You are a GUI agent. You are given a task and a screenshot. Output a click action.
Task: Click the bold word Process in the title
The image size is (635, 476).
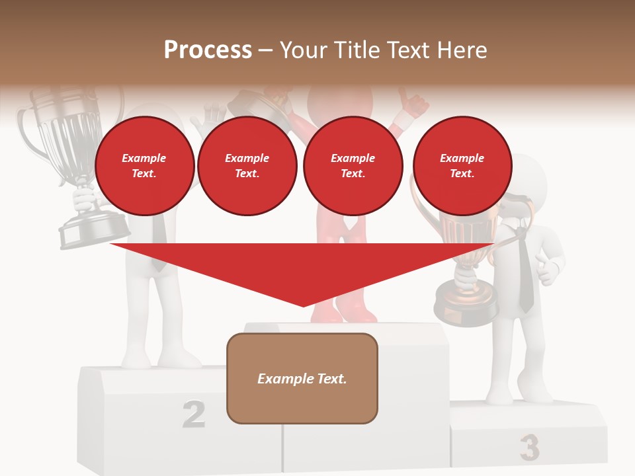208,50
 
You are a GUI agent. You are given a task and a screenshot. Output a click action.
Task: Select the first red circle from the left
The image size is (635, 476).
144,166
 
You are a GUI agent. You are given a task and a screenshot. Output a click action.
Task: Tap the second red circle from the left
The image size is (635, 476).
247,166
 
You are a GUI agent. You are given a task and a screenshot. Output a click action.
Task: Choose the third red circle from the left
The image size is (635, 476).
353,166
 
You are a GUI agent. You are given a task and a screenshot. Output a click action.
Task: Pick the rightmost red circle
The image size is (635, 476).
462,166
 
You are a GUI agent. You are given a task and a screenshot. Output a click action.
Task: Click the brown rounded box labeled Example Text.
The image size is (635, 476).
302,378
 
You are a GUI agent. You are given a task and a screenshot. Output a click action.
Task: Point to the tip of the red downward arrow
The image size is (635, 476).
304,305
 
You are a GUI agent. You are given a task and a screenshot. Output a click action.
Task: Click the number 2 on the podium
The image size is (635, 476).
193,415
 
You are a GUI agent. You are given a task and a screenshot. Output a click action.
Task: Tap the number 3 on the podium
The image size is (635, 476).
529,448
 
